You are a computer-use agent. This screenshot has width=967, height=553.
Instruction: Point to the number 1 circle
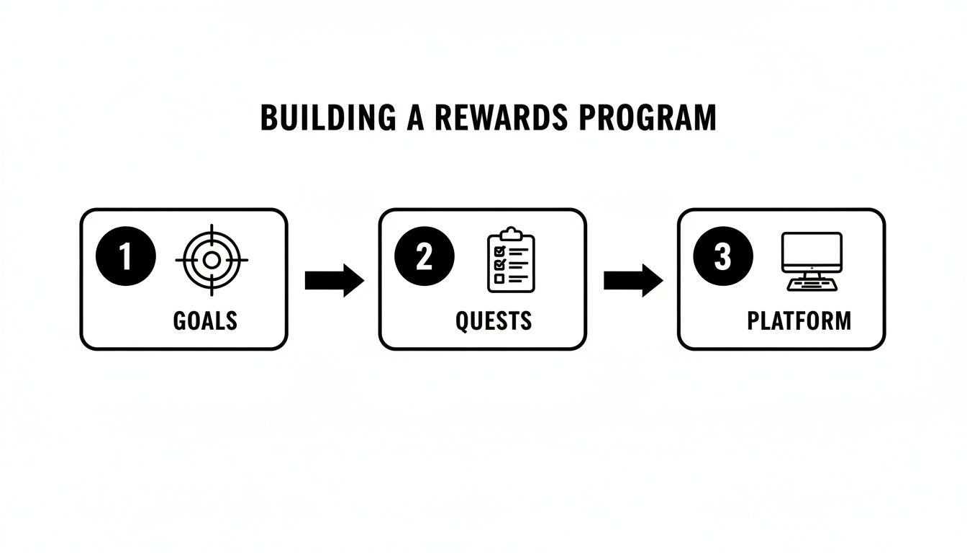tap(125, 257)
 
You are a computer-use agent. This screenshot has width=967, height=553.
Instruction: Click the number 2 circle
tap(425, 257)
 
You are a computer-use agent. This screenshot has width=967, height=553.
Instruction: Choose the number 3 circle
tap(723, 257)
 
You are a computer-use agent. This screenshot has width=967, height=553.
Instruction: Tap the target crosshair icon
tap(211, 260)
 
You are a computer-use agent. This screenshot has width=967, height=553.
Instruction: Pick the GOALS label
tap(205, 320)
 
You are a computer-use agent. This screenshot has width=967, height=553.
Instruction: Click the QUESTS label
tap(494, 320)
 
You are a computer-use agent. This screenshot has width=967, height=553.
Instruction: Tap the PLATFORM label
tap(799, 320)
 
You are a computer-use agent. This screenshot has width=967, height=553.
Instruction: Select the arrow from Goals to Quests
tap(334, 280)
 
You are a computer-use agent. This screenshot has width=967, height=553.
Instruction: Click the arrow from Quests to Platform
tap(632, 280)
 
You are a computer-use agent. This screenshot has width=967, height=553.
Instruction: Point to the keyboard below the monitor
tap(811, 284)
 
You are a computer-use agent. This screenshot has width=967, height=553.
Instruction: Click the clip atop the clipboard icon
tap(511, 233)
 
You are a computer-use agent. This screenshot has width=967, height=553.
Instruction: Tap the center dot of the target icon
tap(211, 260)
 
